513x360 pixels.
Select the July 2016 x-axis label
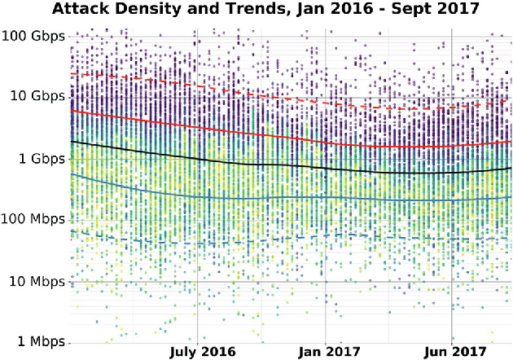click(x=202, y=352)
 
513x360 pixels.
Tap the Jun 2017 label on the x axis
click(x=453, y=352)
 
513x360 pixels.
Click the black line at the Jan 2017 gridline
click(x=326, y=169)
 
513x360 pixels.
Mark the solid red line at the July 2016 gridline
click(x=197, y=128)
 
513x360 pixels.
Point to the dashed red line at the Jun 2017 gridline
click(x=453, y=107)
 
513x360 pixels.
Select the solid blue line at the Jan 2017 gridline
click(x=326, y=197)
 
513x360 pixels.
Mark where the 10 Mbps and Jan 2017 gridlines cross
click(x=326, y=281)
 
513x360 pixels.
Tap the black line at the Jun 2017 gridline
click(x=453, y=173)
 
